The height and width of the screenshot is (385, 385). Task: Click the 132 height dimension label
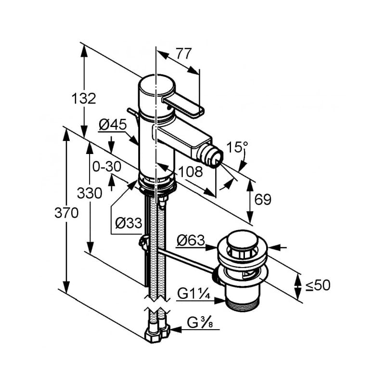[83, 99]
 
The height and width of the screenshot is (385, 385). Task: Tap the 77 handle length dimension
[184, 53]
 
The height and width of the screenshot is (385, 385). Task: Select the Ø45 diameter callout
[113, 125]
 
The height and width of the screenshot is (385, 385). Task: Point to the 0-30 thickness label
[107, 167]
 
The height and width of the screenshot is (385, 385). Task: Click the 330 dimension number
[90, 193]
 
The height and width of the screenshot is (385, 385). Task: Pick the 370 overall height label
[66, 213]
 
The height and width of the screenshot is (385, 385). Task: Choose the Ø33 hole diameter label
[128, 223]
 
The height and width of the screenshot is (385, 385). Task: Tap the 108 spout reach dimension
[191, 172]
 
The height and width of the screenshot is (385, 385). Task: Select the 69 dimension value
[263, 199]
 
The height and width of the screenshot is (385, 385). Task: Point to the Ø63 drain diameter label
[191, 240]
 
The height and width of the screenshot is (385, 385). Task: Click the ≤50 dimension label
[318, 285]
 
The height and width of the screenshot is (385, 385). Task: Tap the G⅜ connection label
[200, 322]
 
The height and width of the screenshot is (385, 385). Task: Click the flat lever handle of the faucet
[183, 105]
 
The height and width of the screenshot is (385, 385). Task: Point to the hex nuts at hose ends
[157, 334]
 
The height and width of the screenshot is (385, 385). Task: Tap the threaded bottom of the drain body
[243, 305]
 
